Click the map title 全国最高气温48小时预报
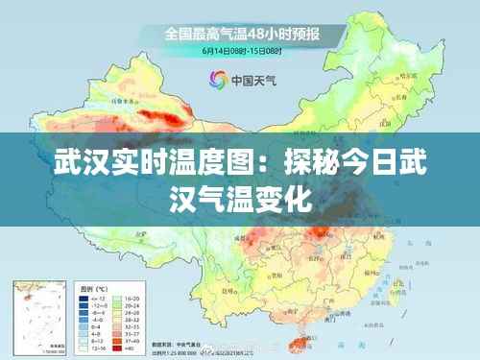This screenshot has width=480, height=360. [241, 34]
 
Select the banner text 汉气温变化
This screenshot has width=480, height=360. [241, 203]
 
